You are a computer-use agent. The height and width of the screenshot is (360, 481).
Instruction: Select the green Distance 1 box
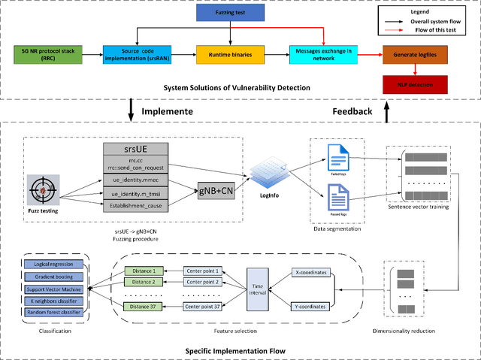pos(142,271)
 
